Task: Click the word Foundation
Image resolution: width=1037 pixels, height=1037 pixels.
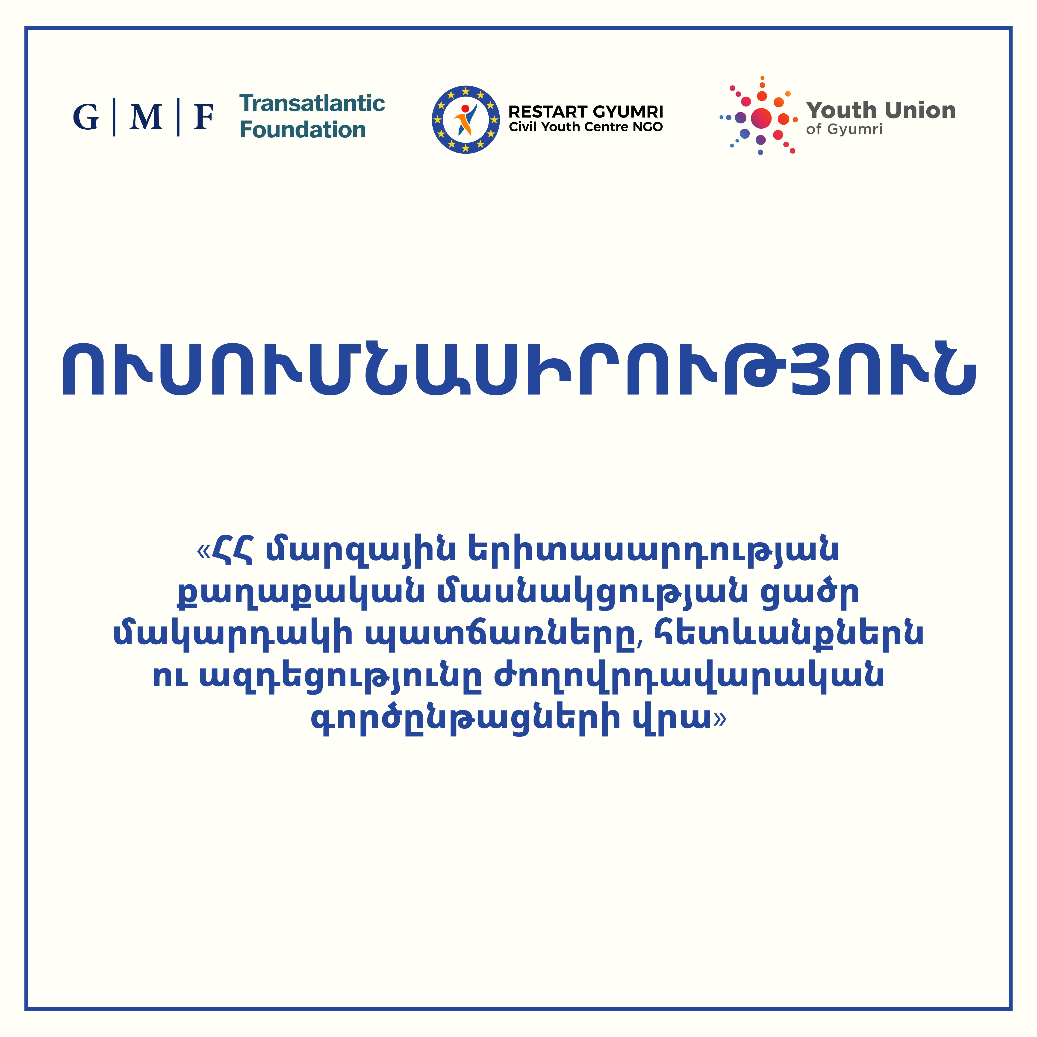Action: (x=303, y=130)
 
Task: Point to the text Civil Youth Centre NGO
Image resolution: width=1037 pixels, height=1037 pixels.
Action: (x=586, y=127)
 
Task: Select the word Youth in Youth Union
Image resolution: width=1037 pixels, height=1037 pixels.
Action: (x=842, y=111)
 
